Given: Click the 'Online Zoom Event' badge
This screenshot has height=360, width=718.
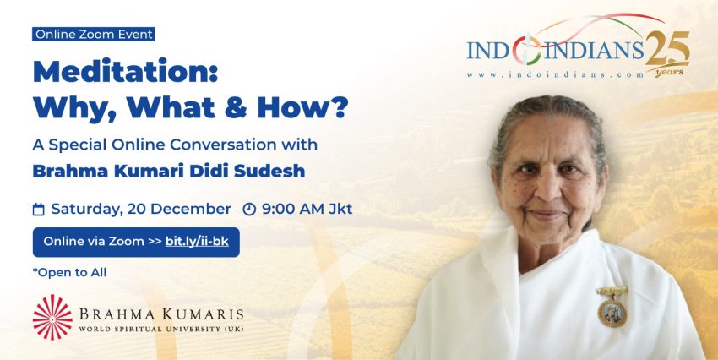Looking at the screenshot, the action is pos(94,35).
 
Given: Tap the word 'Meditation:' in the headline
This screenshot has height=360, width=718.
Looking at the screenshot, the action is pos(125,72).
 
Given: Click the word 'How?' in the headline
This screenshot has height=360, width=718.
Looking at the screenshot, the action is pos(302,107).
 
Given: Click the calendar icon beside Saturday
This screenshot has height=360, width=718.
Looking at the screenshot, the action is pos(39,210).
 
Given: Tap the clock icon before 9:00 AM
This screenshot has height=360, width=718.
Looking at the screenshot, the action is pos(249,210).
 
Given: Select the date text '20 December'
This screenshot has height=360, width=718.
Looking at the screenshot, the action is pos(179,209).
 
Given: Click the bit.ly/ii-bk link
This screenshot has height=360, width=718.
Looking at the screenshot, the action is pos(197,242).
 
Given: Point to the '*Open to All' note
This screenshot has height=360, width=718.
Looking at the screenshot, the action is pos(69,272).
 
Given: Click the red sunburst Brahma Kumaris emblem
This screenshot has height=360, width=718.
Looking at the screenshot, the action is pos(52,317).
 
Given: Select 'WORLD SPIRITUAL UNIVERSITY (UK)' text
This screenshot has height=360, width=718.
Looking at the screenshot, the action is pos(161,329).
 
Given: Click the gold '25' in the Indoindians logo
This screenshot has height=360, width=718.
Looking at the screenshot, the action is pos(667,48).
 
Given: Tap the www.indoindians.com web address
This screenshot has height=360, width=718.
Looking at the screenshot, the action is pos(555,75).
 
